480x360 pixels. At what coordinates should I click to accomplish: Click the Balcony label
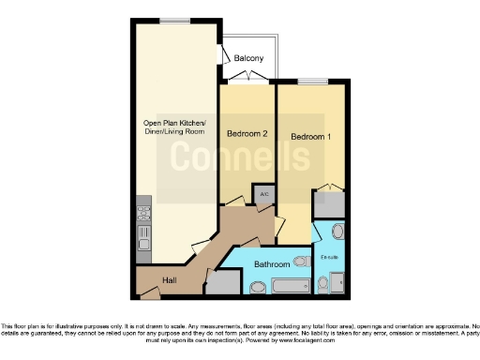click(248, 58)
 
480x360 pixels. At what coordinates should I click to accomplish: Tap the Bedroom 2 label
click(248, 134)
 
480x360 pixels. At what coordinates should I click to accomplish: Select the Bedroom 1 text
click(310, 137)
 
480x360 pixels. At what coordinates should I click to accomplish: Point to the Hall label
click(169, 279)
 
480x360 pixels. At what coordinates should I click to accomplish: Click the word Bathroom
click(273, 265)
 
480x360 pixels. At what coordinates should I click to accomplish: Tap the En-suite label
click(328, 256)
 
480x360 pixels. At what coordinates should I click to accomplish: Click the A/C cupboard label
click(264, 195)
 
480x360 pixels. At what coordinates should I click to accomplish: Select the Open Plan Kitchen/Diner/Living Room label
click(174, 128)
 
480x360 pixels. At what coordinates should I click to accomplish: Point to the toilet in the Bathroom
click(301, 262)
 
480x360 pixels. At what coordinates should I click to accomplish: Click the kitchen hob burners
click(143, 211)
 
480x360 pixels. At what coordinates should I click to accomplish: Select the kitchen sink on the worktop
click(143, 232)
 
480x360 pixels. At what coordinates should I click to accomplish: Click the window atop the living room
click(173, 20)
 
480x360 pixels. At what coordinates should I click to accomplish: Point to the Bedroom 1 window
click(308, 82)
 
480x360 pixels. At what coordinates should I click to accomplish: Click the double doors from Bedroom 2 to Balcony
click(248, 82)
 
